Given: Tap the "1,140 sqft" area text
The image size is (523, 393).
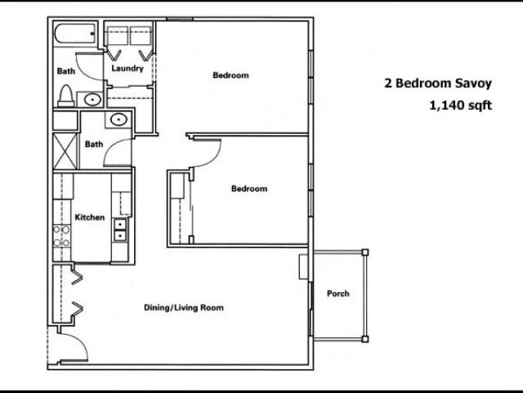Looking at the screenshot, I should [460, 105].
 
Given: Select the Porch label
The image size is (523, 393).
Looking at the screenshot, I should [337, 293].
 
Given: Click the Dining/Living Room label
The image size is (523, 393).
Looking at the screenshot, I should [184, 308].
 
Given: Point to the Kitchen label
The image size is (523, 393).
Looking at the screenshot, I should [90, 218].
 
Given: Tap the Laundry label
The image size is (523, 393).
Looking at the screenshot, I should [127, 69].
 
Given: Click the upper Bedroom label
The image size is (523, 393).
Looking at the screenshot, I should [230, 76].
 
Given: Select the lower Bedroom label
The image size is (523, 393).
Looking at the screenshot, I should [248, 189].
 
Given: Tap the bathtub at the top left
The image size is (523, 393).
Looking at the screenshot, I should [76, 36].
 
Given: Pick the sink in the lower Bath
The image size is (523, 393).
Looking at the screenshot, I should [119, 120].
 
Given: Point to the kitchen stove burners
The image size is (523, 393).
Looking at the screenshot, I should [61, 237].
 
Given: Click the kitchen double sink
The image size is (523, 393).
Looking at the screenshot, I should [120, 230].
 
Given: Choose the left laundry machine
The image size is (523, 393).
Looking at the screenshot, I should [117, 35].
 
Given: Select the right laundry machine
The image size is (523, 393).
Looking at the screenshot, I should [141, 35].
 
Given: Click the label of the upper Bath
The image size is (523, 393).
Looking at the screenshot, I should [65, 71].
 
